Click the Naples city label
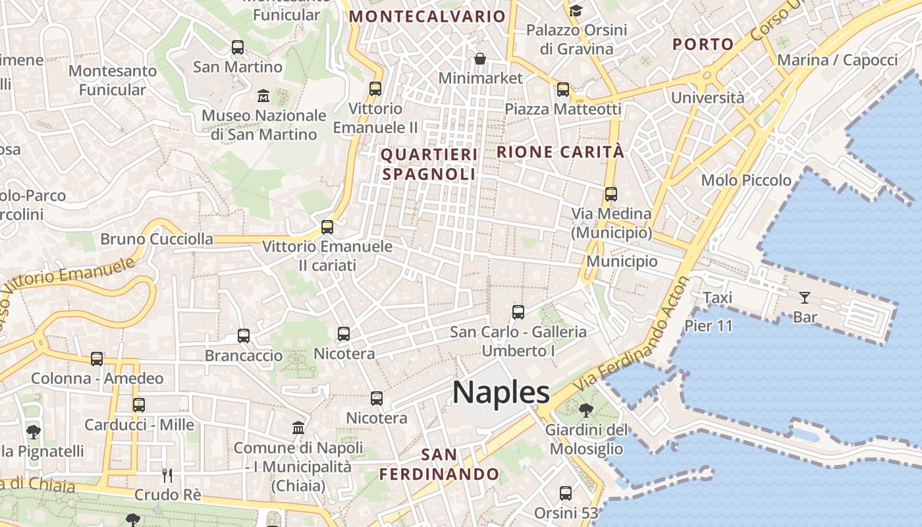[x=501, y=393]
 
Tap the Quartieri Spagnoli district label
[x=429, y=164]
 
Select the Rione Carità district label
[x=560, y=152]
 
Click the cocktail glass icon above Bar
[x=804, y=298]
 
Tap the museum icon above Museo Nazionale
[x=263, y=96]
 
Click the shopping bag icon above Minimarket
[x=480, y=59]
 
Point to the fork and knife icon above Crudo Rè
[x=167, y=475]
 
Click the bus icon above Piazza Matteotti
[x=562, y=90]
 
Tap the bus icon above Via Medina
[x=611, y=194]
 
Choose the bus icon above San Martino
[x=237, y=47]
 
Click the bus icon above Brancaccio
[x=244, y=336]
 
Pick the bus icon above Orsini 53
[x=565, y=493]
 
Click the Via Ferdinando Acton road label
[x=630, y=335]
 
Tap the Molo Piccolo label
[x=746, y=180]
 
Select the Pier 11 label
[x=709, y=325]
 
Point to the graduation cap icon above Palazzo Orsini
[x=576, y=11]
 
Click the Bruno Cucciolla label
[x=157, y=239]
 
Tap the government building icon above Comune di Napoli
[x=298, y=428]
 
